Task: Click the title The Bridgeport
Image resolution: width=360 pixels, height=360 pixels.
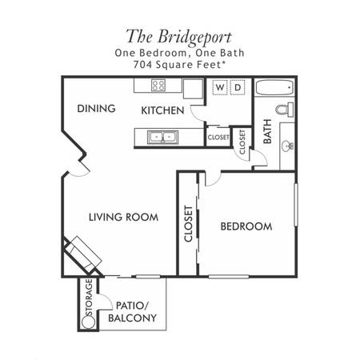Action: click(178, 37)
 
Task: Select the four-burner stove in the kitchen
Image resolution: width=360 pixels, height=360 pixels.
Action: click(158, 86)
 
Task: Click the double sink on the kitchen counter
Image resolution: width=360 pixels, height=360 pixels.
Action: click(162, 137)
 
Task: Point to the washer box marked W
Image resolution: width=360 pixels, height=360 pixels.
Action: click(220, 87)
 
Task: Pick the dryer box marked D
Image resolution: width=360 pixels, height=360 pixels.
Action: click(238, 87)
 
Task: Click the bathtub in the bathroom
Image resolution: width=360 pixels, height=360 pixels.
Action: click(275, 87)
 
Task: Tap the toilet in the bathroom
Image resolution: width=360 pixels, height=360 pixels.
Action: click(285, 110)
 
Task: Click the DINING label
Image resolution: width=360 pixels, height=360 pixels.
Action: click(96, 109)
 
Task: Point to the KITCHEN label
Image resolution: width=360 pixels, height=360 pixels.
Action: click(162, 110)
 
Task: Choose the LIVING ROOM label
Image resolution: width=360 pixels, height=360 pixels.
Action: click(123, 217)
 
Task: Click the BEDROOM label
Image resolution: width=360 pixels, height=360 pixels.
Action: click(246, 226)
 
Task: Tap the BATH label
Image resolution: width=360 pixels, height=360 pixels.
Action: click(267, 131)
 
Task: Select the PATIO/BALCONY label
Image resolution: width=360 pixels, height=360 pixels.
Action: click(132, 312)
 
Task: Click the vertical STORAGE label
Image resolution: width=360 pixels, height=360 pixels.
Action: click(90, 298)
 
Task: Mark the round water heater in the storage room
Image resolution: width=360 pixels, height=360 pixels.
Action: click(88, 322)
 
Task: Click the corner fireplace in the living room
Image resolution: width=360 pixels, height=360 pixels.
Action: click(82, 255)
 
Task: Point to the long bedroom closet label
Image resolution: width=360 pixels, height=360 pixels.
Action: click(188, 224)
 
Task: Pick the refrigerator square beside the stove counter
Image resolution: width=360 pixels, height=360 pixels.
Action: click(193, 89)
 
